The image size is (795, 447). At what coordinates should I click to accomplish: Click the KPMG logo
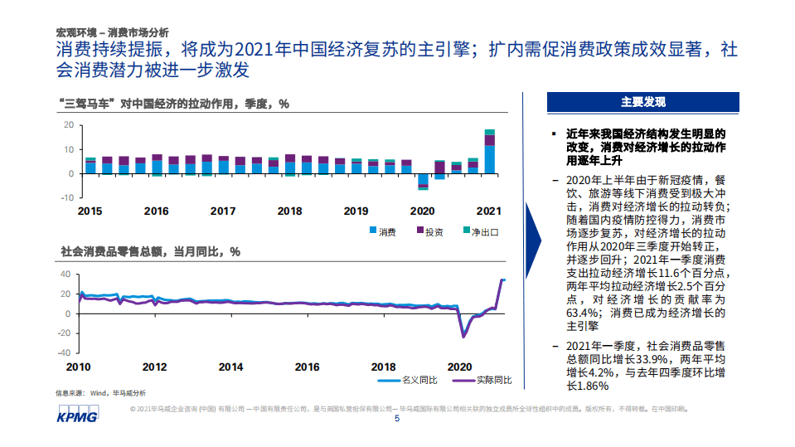[x=77, y=415]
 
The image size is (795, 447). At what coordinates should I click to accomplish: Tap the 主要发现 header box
[x=642, y=103]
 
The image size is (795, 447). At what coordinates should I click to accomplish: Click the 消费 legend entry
[x=382, y=231]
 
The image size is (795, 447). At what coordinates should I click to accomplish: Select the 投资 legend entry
[x=429, y=231]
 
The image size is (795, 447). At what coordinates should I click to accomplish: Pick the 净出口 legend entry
[x=478, y=231]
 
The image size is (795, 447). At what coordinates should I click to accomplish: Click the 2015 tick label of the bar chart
[x=90, y=211]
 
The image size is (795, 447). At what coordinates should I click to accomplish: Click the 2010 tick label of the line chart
[x=79, y=367]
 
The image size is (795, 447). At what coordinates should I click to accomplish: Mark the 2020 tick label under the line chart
[x=458, y=367]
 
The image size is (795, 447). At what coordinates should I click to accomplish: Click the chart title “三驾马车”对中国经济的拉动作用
[x=175, y=104]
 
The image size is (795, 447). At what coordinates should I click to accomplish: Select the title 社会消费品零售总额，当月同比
[x=150, y=251]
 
